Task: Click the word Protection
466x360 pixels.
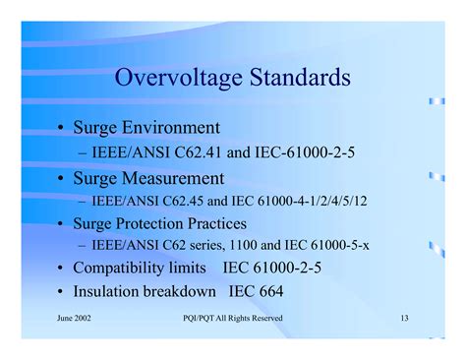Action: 161,223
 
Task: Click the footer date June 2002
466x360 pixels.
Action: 76,318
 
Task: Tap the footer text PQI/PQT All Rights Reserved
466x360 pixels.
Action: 233,318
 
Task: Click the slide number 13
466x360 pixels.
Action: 404,318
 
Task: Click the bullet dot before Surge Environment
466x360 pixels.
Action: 61,129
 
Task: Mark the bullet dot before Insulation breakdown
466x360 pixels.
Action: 61,292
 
